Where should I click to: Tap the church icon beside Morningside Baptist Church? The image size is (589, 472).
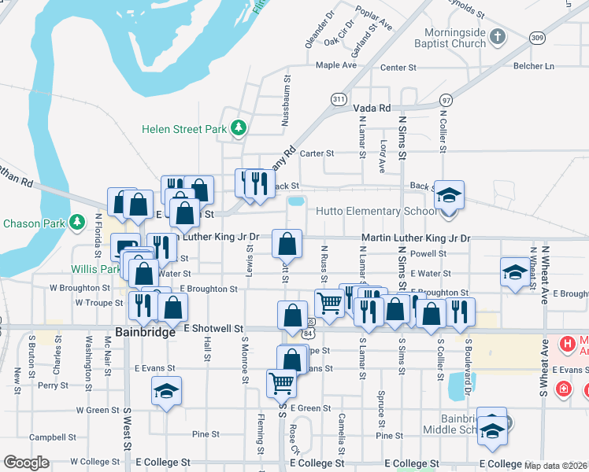point(497,36)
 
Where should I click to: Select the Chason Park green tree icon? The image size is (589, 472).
point(76,223)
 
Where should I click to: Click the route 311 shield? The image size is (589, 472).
point(339,99)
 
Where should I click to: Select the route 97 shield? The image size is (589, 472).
point(446,100)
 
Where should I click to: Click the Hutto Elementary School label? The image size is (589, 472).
point(376,211)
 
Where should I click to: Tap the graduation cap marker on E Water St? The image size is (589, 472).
point(515,272)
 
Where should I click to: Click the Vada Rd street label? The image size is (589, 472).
point(372,108)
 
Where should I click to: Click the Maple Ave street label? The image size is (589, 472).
point(336,65)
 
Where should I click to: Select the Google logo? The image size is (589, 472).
point(26,463)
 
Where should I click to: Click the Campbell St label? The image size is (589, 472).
point(46,437)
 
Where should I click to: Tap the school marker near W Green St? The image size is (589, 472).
point(166,391)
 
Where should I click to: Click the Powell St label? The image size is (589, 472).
point(428,254)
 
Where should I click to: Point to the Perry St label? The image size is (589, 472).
point(53,385)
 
